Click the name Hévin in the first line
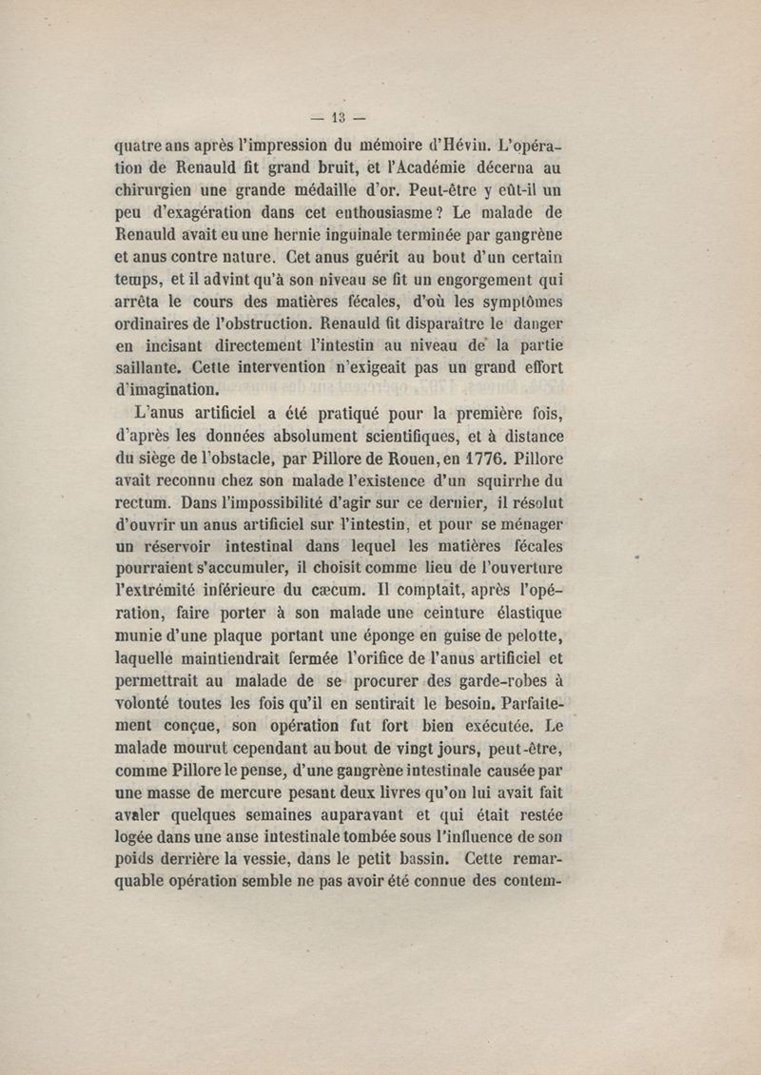click(460, 146)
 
